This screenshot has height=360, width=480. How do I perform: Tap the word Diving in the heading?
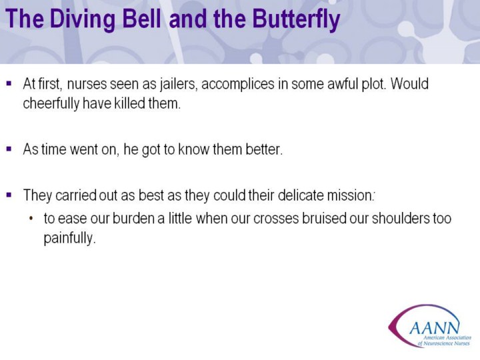[x=82, y=19]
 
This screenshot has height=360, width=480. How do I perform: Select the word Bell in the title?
[x=141, y=18]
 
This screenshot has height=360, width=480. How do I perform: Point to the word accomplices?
[x=238, y=85]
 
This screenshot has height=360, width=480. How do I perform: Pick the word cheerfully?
[x=51, y=104]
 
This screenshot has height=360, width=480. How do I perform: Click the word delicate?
[x=301, y=195]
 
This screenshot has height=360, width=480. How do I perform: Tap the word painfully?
[x=70, y=238]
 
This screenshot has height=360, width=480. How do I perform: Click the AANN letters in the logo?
[x=435, y=328]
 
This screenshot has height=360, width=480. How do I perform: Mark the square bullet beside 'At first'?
[x=9, y=83]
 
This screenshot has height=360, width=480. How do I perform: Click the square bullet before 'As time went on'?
[x=9, y=149]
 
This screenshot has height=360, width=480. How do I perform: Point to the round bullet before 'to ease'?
[x=31, y=219]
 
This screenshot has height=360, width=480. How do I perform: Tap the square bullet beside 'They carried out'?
[x=9, y=195]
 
